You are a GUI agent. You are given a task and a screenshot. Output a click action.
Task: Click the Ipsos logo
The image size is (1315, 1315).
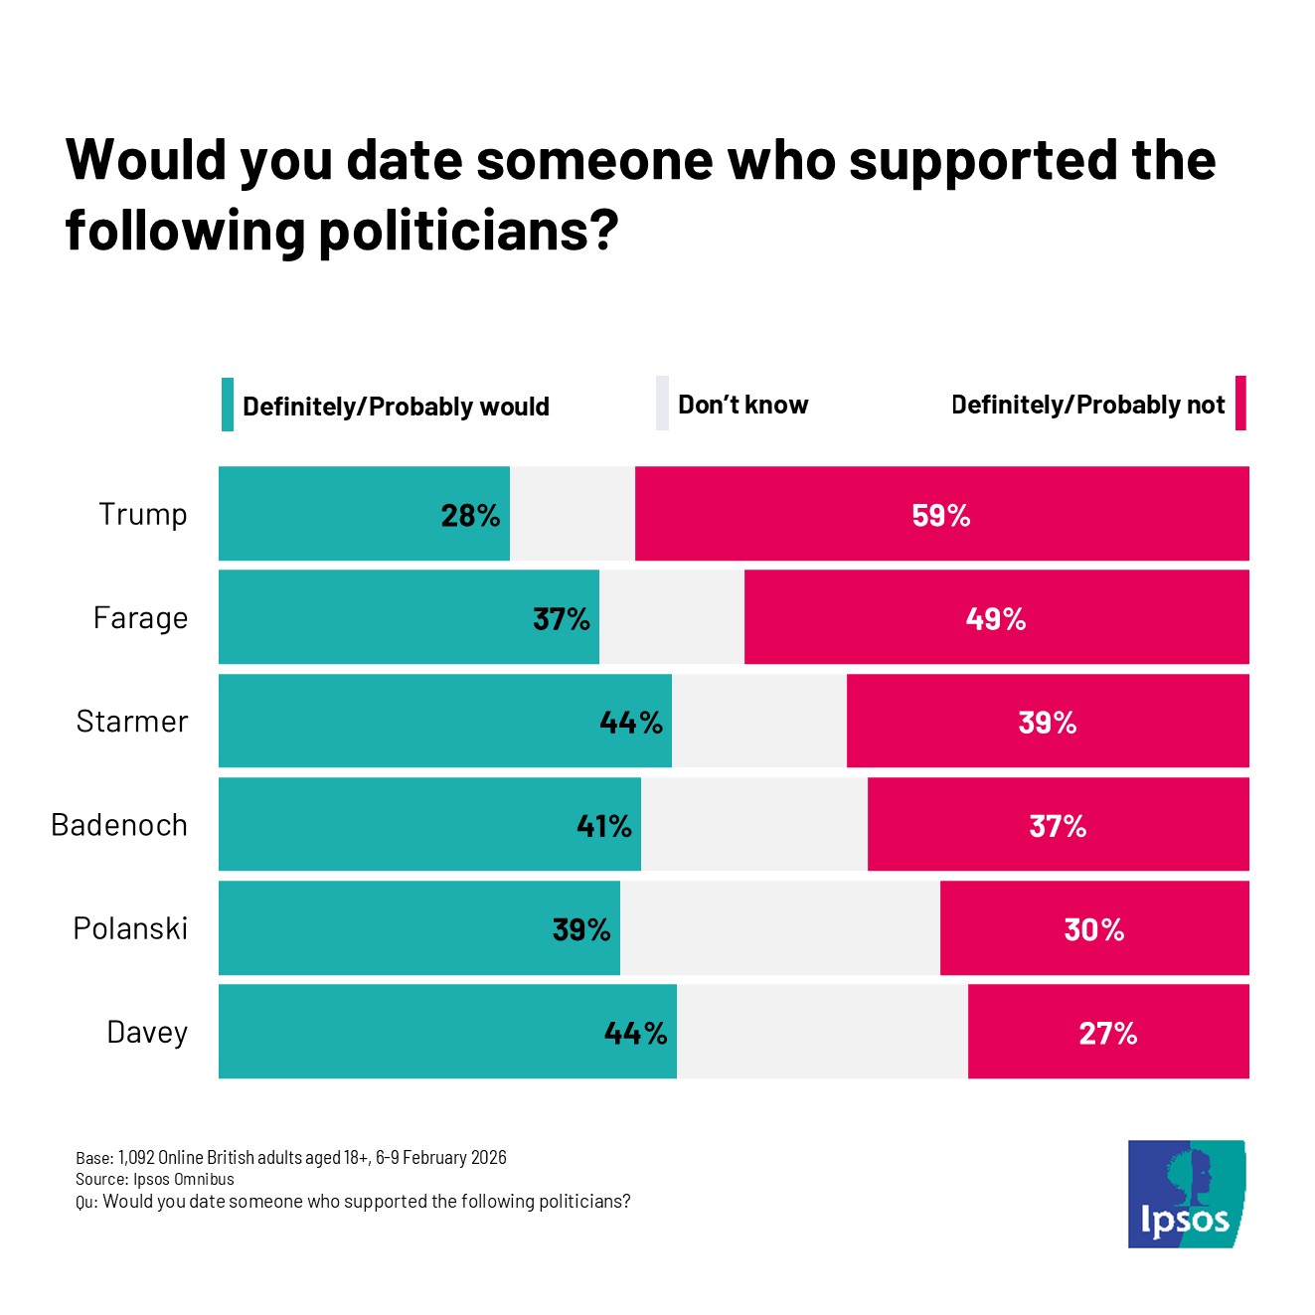(x=1186, y=1193)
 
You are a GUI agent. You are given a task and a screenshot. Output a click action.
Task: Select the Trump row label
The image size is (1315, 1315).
(x=143, y=514)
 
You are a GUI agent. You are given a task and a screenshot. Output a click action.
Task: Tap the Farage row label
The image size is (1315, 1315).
(x=140, y=617)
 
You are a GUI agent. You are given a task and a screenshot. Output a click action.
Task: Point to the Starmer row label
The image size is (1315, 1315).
(x=132, y=721)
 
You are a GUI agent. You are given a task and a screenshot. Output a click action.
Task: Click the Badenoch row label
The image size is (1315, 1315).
(x=119, y=825)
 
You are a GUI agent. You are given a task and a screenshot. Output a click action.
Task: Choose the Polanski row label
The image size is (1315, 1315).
(x=130, y=928)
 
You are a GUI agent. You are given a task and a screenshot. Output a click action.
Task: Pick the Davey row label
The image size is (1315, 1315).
(x=147, y=1032)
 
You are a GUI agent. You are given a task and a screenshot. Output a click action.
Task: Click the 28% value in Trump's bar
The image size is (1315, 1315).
(x=470, y=515)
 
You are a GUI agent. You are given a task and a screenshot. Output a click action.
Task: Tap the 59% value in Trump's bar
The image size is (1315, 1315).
(x=940, y=515)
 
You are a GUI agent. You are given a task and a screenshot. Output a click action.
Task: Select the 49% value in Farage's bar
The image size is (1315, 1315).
(x=995, y=618)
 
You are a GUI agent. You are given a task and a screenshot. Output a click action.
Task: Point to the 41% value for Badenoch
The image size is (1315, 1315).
(x=603, y=826)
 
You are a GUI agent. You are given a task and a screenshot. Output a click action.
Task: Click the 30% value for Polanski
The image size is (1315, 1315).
(x=1093, y=929)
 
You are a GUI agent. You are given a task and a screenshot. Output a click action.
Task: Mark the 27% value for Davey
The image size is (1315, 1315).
(x=1107, y=1033)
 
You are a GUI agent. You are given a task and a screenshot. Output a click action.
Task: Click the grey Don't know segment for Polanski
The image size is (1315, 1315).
(x=780, y=928)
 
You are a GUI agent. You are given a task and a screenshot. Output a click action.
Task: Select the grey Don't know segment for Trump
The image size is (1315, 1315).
(x=573, y=514)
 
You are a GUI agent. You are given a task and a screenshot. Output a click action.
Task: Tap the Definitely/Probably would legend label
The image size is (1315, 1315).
(x=396, y=407)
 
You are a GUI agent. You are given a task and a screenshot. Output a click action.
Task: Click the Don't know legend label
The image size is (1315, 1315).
(x=742, y=405)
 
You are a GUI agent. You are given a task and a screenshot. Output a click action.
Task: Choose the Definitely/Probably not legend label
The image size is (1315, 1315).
(x=1087, y=405)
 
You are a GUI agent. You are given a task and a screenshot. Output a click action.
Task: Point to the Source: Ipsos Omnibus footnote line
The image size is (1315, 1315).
(x=155, y=1179)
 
